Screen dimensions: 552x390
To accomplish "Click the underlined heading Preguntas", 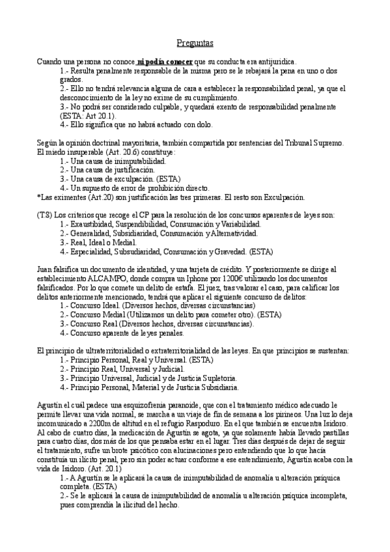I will point(195,44).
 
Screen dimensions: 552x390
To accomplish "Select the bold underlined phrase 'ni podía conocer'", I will point(165,61).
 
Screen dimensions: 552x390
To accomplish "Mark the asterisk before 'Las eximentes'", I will point(38,197).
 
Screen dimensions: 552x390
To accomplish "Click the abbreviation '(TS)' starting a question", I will point(44,215).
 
